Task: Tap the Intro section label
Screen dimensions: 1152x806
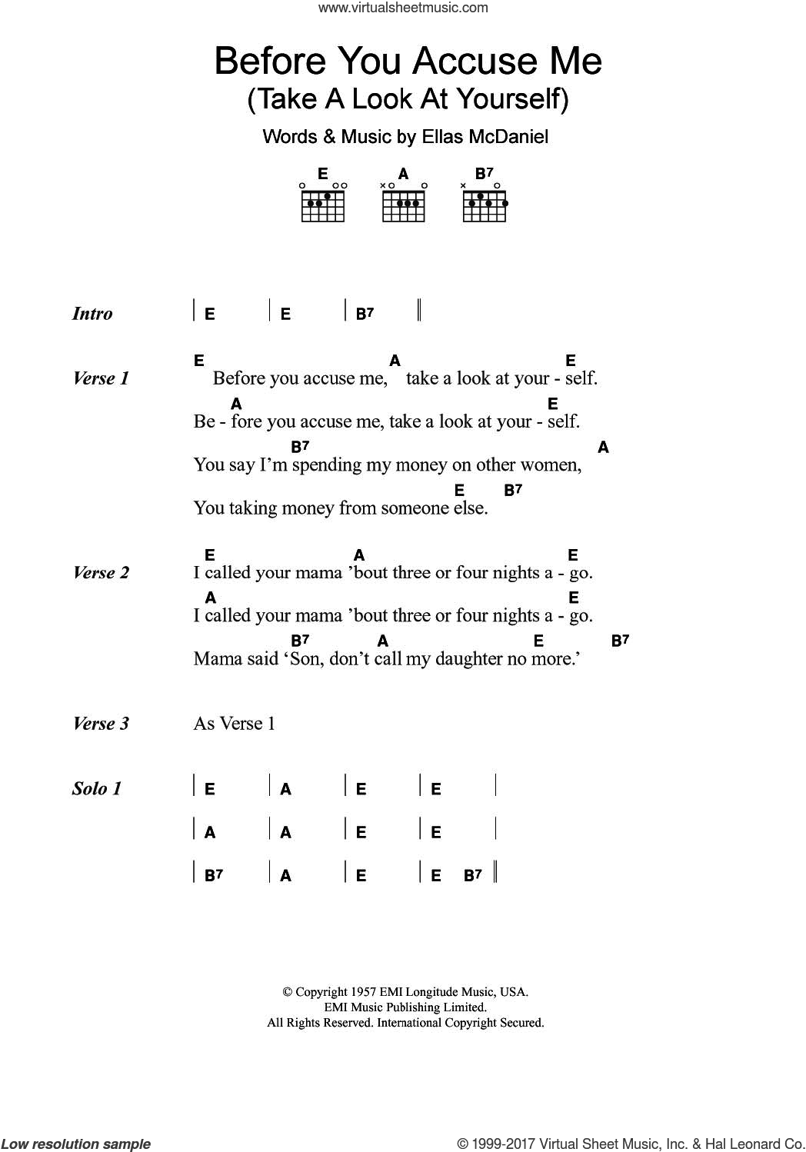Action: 92,314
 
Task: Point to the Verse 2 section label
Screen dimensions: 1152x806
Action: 101,573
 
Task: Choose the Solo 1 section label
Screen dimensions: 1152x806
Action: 97,789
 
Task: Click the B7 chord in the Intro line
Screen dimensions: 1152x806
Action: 365,314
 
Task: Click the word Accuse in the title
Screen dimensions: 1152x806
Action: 475,62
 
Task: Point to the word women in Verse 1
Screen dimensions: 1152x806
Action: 551,465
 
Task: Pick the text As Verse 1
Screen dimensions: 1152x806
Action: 235,724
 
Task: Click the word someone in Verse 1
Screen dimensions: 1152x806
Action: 414,508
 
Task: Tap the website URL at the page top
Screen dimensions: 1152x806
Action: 403,8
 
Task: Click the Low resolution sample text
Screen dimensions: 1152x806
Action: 76,1144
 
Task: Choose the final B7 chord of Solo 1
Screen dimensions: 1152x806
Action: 473,875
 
